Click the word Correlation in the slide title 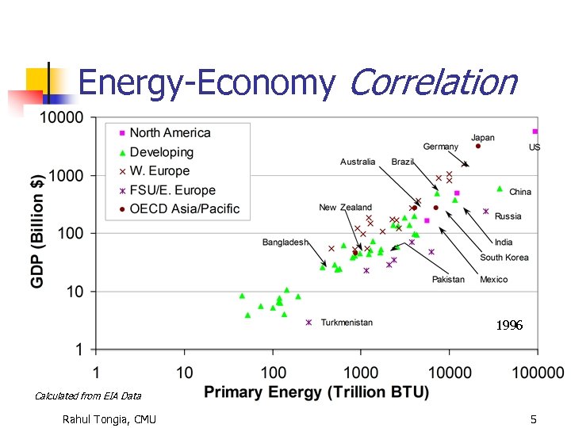tap(433, 82)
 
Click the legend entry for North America tap(170, 133)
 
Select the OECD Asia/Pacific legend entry tap(184, 209)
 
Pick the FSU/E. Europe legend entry tap(172, 190)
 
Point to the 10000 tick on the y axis tap(62, 118)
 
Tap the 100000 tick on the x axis tap(537, 373)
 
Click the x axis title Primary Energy tap(316, 392)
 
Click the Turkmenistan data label tap(347, 323)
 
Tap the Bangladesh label tap(285, 242)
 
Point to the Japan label tap(482, 138)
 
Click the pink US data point tap(535, 132)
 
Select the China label tap(520, 192)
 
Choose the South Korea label tap(504, 258)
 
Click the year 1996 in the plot tap(509, 326)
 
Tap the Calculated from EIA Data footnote tap(88, 396)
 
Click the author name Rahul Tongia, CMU tap(109, 418)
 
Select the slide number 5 tap(533, 418)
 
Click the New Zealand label tap(345, 208)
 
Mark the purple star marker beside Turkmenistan tap(308, 323)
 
